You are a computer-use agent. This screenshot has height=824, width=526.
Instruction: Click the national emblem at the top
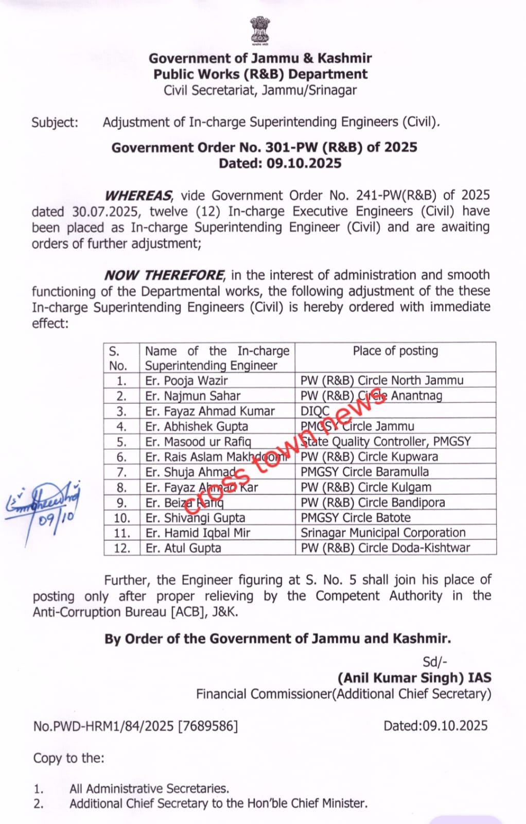(260, 31)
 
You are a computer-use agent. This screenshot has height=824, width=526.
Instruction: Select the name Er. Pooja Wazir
(186, 381)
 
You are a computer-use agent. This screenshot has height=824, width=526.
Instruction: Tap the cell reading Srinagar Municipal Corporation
(383, 533)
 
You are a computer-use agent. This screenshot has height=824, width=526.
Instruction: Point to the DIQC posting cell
(315, 411)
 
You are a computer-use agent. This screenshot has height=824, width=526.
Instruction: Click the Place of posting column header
(395, 351)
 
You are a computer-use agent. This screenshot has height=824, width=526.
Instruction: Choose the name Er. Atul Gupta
(183, 548)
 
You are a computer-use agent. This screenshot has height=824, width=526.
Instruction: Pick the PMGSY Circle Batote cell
(356, 518)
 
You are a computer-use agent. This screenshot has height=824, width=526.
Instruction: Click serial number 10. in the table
(122, 518)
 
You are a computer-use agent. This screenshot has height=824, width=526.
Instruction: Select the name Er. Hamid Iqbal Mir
(198, 533)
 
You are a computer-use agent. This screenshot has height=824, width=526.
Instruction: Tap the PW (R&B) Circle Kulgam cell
(366, 487)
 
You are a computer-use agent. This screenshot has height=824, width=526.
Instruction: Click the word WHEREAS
(138, 196)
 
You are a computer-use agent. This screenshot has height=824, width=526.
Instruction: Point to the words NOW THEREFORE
(164, 276)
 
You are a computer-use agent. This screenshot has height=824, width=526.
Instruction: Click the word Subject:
(55, 123)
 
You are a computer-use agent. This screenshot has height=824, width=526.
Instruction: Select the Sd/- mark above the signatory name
(435, 662)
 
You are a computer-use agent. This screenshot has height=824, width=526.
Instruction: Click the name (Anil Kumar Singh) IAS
(414, 678)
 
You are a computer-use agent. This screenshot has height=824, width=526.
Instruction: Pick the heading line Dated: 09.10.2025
(280, 164)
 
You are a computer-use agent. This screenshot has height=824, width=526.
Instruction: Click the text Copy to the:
(68, 758)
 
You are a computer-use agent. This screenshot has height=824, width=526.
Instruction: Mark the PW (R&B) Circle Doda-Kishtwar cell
(385, 548)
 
